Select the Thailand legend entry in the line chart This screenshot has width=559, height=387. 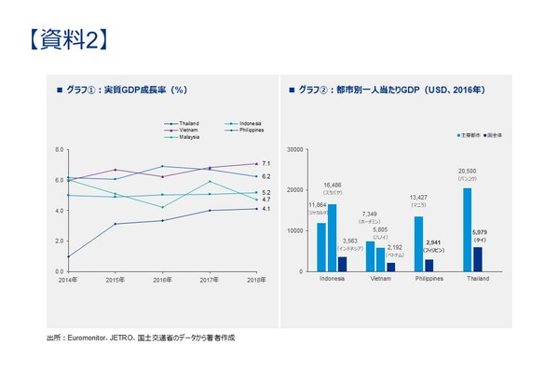(187, 123)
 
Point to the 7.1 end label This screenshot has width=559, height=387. (266, 163)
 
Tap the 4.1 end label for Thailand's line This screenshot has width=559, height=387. (266, 209)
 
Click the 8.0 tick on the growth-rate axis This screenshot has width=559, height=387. (59, 150)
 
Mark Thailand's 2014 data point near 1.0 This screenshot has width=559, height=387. (68, 256)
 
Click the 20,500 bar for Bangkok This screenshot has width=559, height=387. (467, 229)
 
